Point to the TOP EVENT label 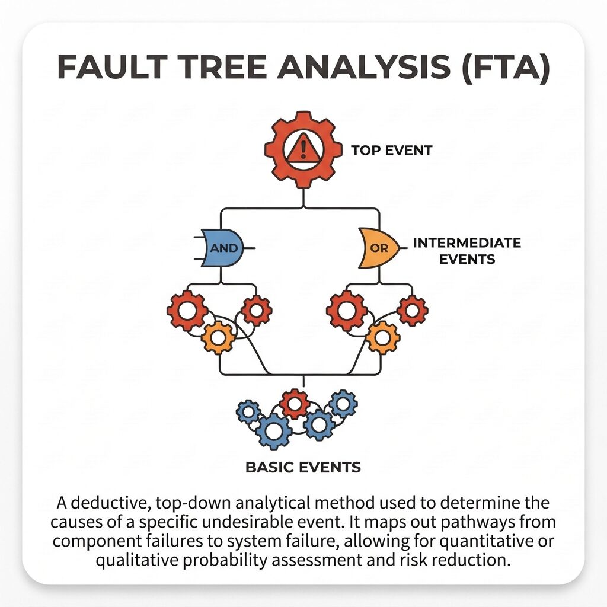391,150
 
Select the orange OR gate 379,248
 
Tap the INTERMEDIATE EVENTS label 467,251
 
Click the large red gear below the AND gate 187,311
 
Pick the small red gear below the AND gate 256,310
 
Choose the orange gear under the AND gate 218,337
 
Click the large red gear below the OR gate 346,311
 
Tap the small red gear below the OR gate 413,310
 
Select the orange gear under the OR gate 382,337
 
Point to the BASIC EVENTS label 303,467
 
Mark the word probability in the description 225,560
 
